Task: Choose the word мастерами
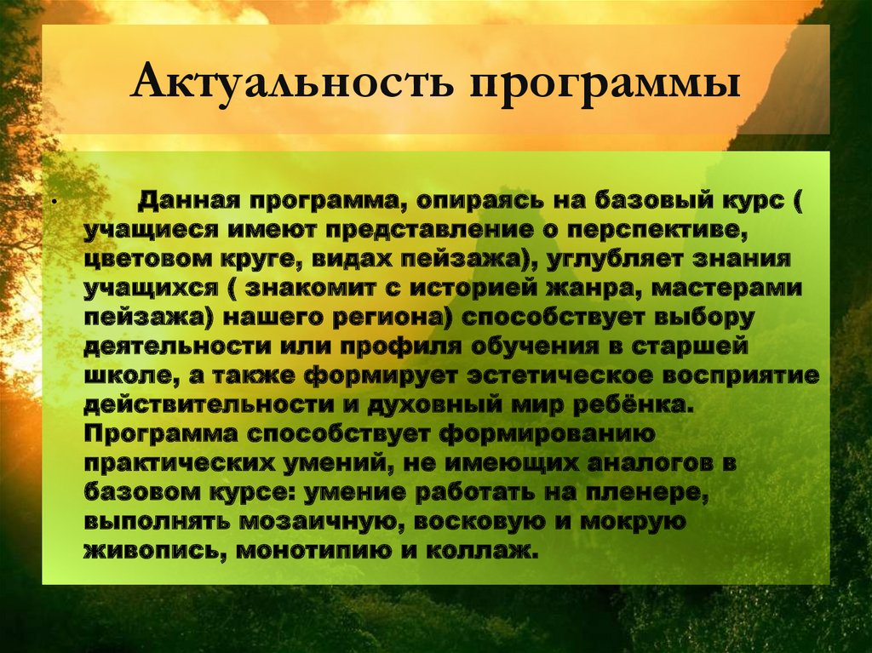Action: pos(731,289)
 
